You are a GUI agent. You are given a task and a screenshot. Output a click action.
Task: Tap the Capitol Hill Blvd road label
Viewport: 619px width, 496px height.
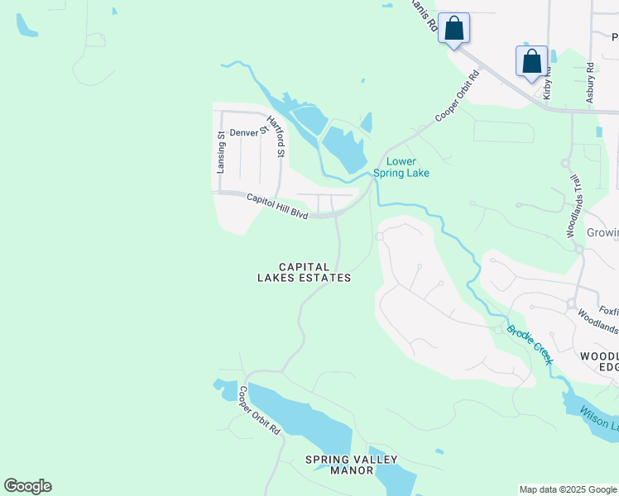[x=277, y=205]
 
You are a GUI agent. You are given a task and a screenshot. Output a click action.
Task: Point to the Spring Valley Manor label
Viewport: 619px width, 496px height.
[x=352, y=465]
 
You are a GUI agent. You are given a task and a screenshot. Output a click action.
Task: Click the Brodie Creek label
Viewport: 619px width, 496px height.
[x=530, y=344]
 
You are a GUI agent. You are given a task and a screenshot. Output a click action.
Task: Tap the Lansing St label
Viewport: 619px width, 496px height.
[x=221, y=152]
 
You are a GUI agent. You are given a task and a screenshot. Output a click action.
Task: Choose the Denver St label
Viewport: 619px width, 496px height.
[x=249, y=131]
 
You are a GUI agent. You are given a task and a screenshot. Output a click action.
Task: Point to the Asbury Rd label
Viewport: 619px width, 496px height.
[x=590, y=81]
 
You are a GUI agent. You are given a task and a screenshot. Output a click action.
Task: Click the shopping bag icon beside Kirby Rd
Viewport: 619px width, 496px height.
[x=531, y=61]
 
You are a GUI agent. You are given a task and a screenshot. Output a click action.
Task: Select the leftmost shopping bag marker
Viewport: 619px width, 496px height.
[x=453, y=28]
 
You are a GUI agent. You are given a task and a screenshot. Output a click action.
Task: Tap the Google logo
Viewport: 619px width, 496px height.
[x=27, y=486]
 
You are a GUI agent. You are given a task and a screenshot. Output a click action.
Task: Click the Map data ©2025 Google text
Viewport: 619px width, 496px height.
[x=568, y=489]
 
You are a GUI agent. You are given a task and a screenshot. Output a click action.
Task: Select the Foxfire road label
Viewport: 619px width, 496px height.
[x=608, y=312]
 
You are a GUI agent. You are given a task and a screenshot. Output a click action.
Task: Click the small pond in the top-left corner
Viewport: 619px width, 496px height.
[x=26, y=25]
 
